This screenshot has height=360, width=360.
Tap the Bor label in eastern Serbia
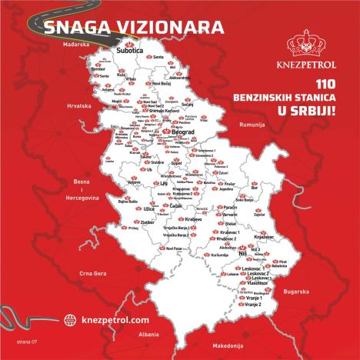coord(275,185)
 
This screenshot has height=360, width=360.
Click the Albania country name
coord(142,335)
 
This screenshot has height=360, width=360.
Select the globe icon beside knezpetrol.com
coord(70,318)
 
